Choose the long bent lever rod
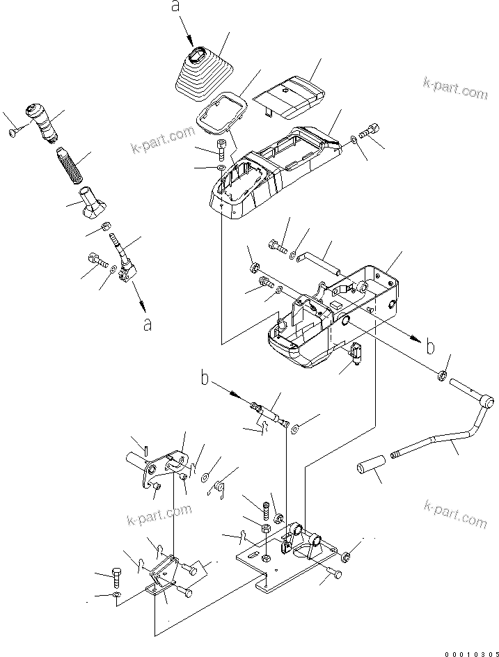click(445, 435)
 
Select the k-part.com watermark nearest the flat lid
click(455, 89)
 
